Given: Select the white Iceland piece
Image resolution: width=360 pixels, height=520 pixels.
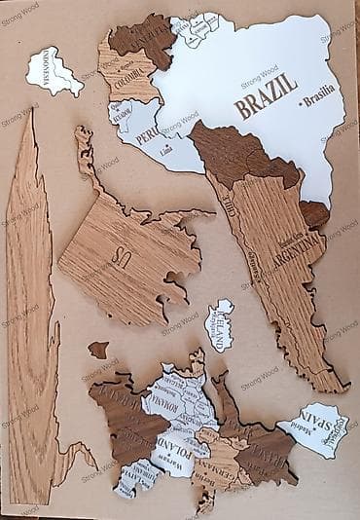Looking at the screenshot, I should point(222,323).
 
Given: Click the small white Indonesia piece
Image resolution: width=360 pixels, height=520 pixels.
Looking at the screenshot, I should point(54,72).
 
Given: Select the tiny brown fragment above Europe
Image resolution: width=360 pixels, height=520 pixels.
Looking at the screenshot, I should point(98,348).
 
